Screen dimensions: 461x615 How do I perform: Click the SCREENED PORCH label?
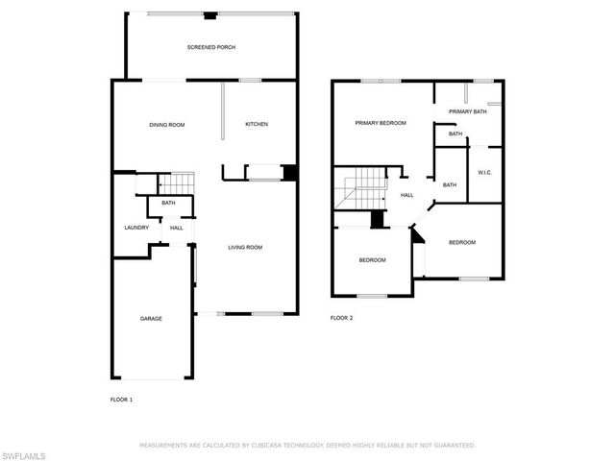pos(210,47)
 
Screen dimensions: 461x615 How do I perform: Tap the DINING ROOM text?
pos(166,125)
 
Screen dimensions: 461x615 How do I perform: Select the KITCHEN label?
pos(256,125)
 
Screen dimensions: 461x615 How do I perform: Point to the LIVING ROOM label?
pos(245,248)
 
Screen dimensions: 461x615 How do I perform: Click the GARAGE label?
pos(151,318)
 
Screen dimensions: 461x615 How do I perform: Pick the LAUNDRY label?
pos(135,228)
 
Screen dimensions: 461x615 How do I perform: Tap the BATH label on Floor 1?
pos(168,203)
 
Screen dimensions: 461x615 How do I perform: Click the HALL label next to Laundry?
pos(177,228)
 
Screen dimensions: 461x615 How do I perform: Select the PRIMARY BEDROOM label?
pos(381,123)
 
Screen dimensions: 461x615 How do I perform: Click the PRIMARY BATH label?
pos(468,112)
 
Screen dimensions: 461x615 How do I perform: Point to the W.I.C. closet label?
pos(484,173)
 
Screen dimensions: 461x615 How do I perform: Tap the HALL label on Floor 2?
pos(407,195)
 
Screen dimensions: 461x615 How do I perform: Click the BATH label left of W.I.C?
pos(449,184)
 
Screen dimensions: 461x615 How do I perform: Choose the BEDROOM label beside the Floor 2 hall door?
pos(462,242)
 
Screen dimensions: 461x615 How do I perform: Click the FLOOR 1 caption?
pos(121,399)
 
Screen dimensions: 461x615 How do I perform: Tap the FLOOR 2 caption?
pos(342,318)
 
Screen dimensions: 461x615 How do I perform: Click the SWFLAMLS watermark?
pos(24,451)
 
